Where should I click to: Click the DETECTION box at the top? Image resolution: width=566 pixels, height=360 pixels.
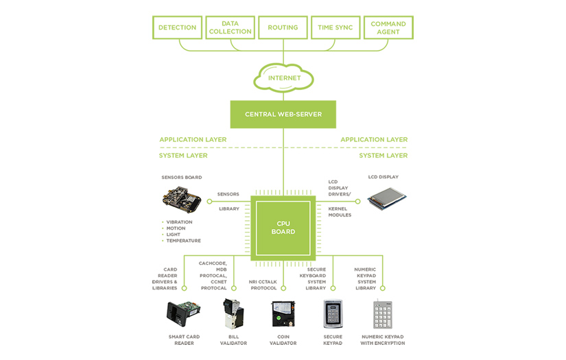click(x=177, y=28)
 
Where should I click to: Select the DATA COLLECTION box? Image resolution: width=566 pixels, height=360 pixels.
click(x=230, y=28)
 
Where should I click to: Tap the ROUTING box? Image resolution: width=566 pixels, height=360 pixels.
click(x=283, y=28)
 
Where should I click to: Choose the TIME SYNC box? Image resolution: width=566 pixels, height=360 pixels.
click(x=335, y=28)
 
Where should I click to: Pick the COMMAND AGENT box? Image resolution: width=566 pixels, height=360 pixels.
click(x=388, y=28)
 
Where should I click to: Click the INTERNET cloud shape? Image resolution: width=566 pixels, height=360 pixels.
click(x=283, y=78)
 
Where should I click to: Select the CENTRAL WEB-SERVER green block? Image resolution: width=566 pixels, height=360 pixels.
click(x=283, y=114)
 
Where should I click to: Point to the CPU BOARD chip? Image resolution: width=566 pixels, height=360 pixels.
click(x=283, y=228)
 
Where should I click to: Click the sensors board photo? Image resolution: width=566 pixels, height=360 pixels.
click(x=182, y=200)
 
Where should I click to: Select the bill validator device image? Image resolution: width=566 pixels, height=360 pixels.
click(x=233, y=314)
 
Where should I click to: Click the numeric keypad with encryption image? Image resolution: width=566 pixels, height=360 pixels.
click(x=383, y=315)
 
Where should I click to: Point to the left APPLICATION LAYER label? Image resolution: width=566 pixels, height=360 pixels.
click(x=193, y=140)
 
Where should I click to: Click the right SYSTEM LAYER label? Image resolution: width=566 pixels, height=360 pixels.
click(x=383, y=156)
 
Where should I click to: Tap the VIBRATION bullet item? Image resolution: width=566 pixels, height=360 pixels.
click(x=179, y=222)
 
